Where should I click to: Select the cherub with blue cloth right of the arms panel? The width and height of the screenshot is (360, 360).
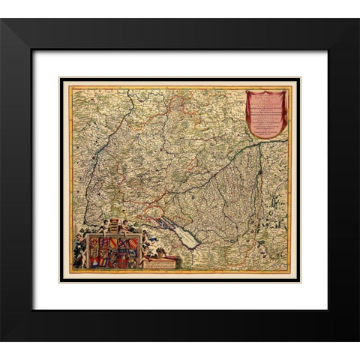click(149, 247)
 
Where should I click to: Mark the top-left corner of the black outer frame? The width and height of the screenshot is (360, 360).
click(2, 19)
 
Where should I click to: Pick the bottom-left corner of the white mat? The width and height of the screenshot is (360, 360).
click(33, 308)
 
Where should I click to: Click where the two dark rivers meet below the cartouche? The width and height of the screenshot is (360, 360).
click(259, 145)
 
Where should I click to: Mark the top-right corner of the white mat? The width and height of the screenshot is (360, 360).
click(327, 51)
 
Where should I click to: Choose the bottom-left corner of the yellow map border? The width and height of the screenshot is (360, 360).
click(69, 271)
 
